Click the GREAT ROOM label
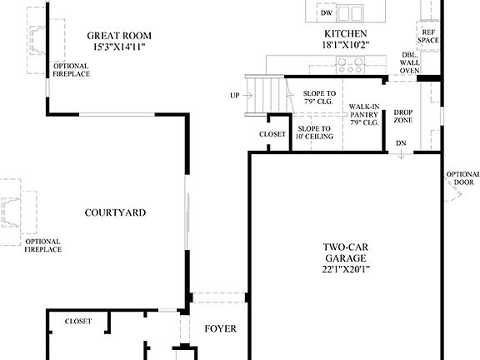pyautogui.click(x=119, y=35)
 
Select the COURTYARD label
pyautogui.click(x=116, y=212)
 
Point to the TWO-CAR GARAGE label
pyautogui.click(x=345, y=252)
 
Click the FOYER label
pyautogui.click(x=220, y=329)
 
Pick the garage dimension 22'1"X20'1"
pyautogui.click(x=346, y=269)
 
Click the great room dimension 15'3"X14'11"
pyautogui.click(x=119, y=47)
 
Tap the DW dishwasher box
pyautogui.click(x=327, y=13)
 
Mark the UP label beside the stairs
pyautogui.click(x=236, y=96)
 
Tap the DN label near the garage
pyautogui.click(x=402, y=143)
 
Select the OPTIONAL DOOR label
pyautogui.click(x=463, y=178)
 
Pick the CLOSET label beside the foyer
pyautogui.click(x=78, y=321)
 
